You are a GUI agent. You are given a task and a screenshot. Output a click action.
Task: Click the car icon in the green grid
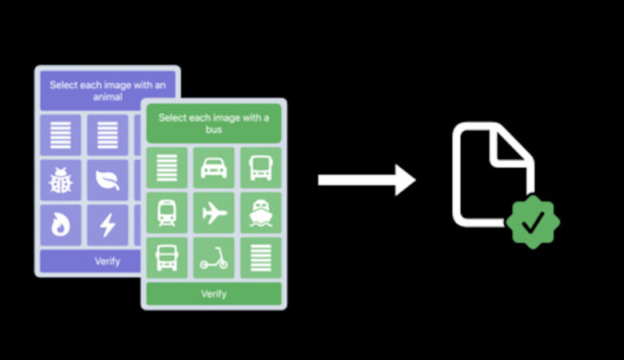coord(214,167)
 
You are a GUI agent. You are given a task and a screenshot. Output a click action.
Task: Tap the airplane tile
coord(214,213)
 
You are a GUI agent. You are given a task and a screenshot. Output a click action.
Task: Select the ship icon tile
coord(260,213)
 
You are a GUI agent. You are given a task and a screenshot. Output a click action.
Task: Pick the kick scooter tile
coord(214,258)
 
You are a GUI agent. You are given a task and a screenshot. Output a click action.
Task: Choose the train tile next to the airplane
coord(167,213)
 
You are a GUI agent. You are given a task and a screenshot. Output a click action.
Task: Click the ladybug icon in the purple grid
coord(61,180)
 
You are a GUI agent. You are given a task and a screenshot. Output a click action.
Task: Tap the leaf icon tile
coord(107,180)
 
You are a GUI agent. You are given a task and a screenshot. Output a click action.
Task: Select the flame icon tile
coord(61,226)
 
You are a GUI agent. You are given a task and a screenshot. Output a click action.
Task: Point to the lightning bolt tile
coord(107,226)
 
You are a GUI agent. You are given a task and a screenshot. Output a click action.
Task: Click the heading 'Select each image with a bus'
coord(214,123)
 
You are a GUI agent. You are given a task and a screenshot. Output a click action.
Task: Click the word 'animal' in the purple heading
coord(107,98)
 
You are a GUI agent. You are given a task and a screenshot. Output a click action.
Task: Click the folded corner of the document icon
coord(510,149)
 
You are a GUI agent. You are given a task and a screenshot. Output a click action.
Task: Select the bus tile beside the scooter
coord(167,258)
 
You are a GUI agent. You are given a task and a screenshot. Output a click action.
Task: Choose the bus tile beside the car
coord(260,167)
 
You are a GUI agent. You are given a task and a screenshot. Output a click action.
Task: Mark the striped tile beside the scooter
coord(260,258)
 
